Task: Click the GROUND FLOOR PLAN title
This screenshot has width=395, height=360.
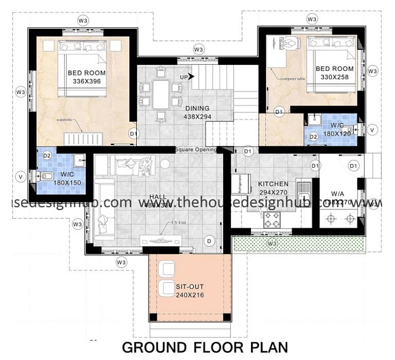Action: point(204,347)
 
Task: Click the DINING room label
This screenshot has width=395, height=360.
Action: point(198,109)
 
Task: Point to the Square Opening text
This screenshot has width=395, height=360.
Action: point(196,150)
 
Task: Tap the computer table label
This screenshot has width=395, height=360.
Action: point(293,79)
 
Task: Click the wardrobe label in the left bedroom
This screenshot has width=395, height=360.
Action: point(64,119)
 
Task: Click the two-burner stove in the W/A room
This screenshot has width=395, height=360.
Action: point(340,218)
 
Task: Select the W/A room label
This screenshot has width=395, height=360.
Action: point(338,194)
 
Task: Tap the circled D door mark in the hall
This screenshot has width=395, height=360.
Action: point(209,240)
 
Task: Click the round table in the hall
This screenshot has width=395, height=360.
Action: point(166,163)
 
